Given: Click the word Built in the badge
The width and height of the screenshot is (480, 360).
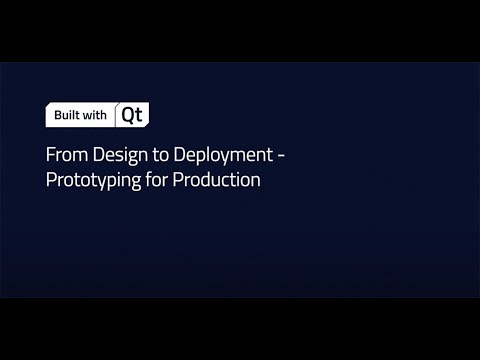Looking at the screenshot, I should pyautogui.click(x=66, y=116).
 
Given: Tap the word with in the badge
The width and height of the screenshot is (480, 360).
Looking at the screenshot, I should pyautogui.click(x=95, y=116).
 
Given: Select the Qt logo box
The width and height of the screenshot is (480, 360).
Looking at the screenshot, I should pyautogui.click(x=132, y=115).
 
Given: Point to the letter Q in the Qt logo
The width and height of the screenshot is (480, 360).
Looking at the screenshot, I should pyautogui.click(x=128, y=115).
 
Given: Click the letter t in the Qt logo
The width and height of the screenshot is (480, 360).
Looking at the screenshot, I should pyautogui.click(x=139, y=115).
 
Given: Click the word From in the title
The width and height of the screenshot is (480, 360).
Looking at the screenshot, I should pyautogui.click(x=63, y=157).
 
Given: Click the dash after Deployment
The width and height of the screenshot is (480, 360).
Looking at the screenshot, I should pyautogui.click(x=285, y=158).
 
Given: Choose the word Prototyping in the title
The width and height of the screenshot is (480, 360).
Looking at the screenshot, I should pyautogui.click(x=91, y=181).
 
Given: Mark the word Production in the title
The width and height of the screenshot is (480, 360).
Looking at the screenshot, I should pyautogui.click(x=216, y=181).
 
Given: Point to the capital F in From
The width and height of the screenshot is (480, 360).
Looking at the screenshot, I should pyautogui.click(x=50, y=157).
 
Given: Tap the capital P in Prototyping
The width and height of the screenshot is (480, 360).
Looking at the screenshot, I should pyautogui.click(x=50, y=181).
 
